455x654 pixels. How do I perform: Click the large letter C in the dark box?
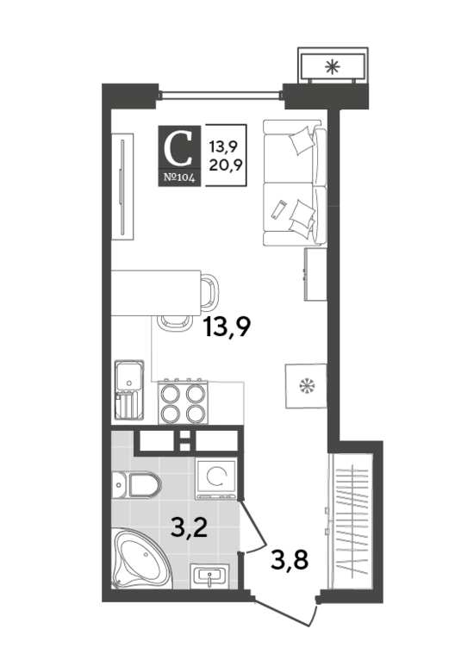click(178, 148)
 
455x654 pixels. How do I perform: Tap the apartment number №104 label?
click(179, 178)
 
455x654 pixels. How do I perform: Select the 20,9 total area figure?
click(226, 165)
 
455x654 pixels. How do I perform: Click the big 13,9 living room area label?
click(227, 327)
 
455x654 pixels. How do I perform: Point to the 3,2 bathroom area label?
click(190, 528)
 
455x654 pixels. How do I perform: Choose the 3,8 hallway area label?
click(290, 560)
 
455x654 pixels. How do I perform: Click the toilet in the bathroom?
click(136, 485)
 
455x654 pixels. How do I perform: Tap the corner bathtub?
click(142, 559)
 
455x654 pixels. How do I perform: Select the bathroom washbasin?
click(209, 576)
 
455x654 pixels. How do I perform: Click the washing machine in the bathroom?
click(216, 478)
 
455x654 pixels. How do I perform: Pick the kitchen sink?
click(129, 390)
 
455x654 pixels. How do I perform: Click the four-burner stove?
click(183, 402)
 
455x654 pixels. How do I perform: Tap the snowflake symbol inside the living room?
click(307, 385)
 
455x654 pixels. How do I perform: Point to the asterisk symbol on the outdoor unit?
click(333, 66)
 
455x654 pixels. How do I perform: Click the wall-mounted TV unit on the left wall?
click(122, 187)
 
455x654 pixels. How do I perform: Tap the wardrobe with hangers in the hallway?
click(351, 521)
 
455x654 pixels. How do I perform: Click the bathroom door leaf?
click(252, 522)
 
